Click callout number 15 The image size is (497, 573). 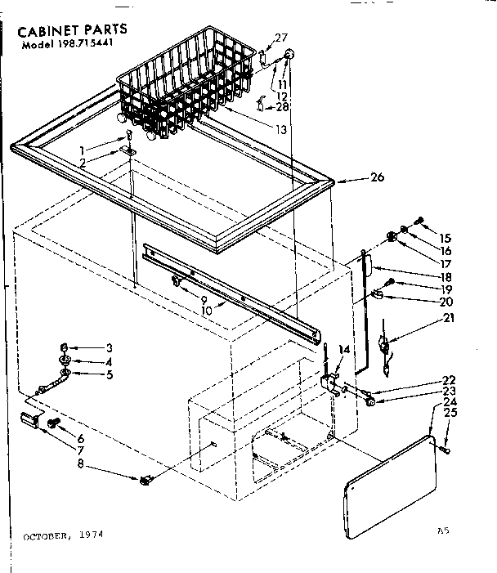click(x=446, y=238)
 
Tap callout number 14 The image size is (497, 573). click(x=344, y=350)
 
